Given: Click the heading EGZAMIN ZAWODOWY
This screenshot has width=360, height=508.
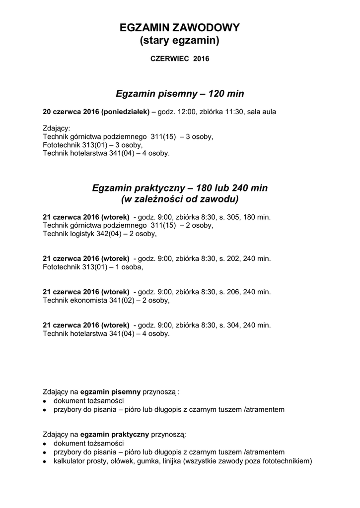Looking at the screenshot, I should [180, 28].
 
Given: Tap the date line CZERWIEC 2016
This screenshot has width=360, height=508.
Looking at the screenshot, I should [180, 59].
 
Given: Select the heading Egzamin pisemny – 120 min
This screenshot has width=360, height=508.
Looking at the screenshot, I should [180, 93].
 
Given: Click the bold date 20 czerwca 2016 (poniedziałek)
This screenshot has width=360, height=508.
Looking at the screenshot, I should [96, 112].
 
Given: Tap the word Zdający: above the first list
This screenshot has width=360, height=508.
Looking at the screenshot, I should [57, 127].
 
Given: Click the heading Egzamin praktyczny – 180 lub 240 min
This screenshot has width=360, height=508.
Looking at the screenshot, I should [180, 188].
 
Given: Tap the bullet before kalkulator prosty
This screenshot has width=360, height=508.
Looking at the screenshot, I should [45, 461].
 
